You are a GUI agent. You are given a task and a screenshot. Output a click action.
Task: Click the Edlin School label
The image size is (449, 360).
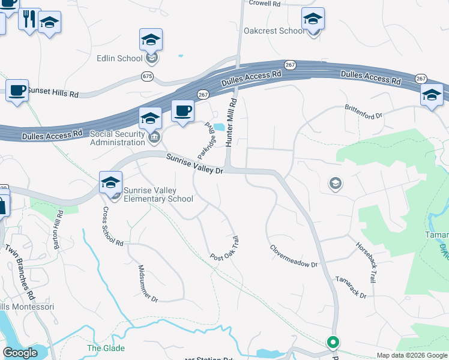point(119,58)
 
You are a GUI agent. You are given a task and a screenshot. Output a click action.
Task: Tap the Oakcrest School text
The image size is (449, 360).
point(274,31)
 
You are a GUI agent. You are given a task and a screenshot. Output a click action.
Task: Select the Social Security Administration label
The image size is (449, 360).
point(117,138)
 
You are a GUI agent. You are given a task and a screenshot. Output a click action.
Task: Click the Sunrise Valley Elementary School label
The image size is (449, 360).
point(158,194)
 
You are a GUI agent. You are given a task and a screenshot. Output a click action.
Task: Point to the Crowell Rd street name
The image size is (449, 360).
point(265,4)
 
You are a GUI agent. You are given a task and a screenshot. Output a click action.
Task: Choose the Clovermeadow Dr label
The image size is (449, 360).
point(292,256)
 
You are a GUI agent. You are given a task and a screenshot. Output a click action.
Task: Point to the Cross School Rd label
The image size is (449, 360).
point(112,227)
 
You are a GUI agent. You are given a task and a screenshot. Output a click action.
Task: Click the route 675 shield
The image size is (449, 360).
point(148,76)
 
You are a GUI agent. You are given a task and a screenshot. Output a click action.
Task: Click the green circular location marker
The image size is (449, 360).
point(333,342)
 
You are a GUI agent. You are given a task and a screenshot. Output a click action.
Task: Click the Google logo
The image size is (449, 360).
point(20,353)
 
